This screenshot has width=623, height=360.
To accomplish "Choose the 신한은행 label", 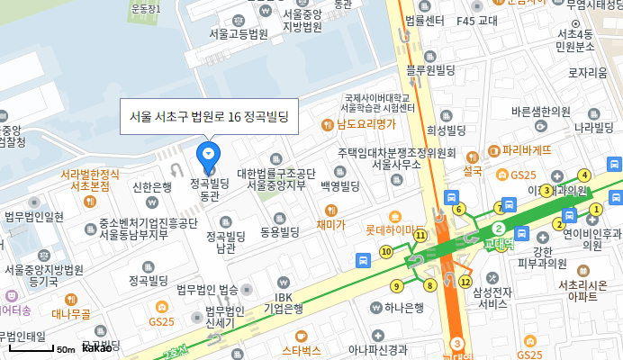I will tap(152, 187).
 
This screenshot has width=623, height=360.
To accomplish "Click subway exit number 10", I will tap(386, 252).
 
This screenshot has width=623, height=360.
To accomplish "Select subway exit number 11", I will tap(420, 235).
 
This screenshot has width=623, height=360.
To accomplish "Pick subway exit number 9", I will tap(396, 286).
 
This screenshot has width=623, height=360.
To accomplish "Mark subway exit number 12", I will tap(465, 282).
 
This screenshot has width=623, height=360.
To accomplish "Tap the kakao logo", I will tap(97, 347).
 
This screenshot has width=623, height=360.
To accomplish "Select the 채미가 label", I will tap(330, 224).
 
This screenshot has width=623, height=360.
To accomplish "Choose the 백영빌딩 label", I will tap(339, 185).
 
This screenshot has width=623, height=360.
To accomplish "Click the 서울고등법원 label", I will tap(239, 34).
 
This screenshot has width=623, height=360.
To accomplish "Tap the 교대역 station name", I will tap(495, 243).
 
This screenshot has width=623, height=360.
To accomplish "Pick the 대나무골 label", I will tap(70, 314).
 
